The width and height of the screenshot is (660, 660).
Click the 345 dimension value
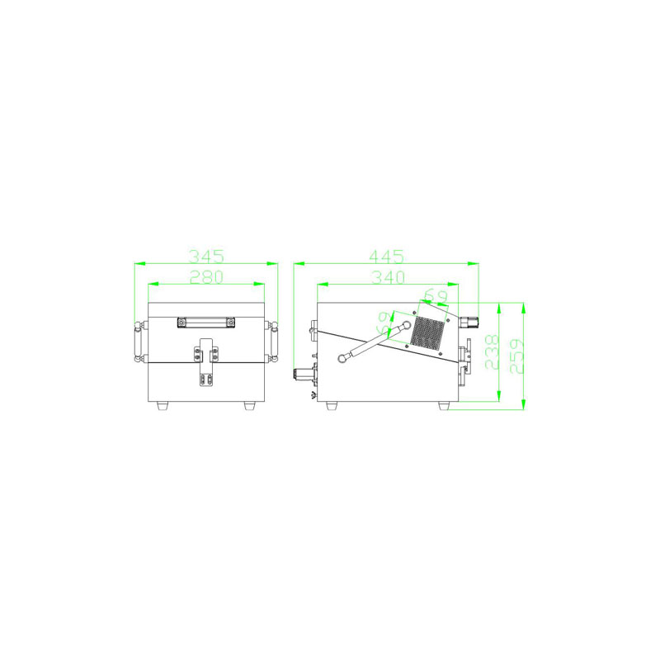(x=205, y=256)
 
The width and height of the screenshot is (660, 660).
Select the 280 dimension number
(x=206, y=277)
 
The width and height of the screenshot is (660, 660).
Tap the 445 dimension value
(x=386, y=256)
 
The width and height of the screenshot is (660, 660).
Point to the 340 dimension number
(x=388, y=277)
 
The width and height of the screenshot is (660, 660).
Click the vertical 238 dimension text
(x=492, y=352)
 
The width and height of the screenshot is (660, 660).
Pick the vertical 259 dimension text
(x=516, y=356)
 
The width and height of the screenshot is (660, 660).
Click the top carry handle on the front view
(x=205, y=323)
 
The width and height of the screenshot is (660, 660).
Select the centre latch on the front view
(x=205, y=362)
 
